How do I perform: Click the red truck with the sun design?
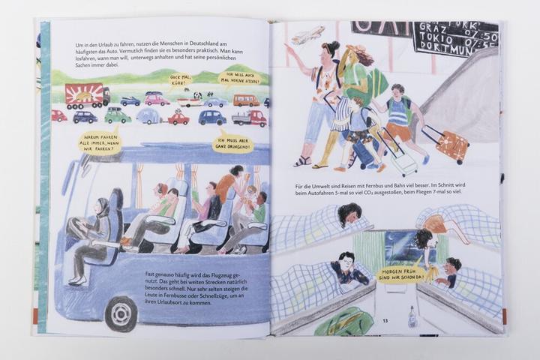(x=86, y=95)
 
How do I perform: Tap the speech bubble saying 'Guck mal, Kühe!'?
(x=181, y=78)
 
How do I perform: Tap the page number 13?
(x=385, y=321)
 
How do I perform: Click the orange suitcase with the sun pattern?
(x=452, y=145)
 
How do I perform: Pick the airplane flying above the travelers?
(x=308, y=35)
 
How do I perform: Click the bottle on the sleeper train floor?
(x=412, y=316)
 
